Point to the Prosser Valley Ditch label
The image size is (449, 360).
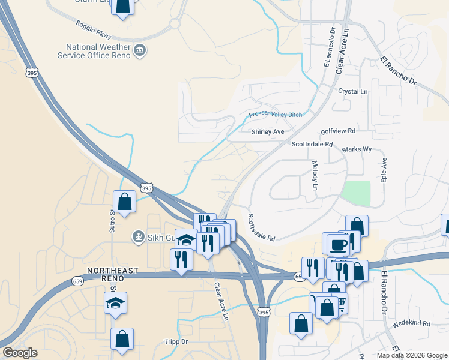point(275,115)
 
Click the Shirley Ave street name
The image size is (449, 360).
point(268,131)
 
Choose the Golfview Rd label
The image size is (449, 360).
point(338,130)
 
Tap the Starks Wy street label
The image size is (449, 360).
point(357,149)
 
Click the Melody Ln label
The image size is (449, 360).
point(315,175)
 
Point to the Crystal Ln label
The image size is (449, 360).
point(352,91)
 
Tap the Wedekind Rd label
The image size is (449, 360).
point(412,323)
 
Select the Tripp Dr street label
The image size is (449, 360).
point(176,341)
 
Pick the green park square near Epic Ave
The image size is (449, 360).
point(355,193)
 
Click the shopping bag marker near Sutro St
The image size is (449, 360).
point(125,202)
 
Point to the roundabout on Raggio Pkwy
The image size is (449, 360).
point(174,24)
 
